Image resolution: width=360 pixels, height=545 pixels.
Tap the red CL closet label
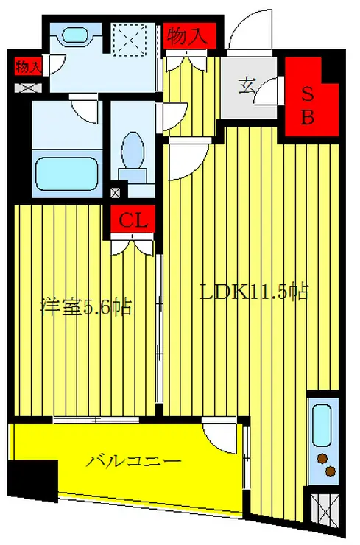134,220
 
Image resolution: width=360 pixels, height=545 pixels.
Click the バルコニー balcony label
134,463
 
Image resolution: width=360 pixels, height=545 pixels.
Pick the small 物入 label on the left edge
27,66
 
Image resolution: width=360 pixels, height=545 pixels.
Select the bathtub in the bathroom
67,174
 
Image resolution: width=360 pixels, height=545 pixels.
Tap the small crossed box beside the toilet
114,194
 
